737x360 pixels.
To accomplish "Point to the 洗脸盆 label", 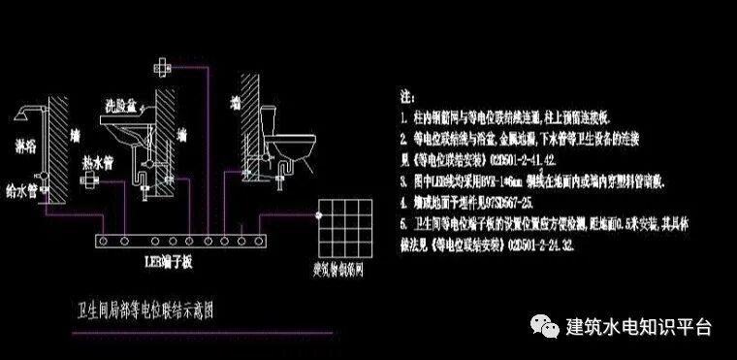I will tap(122, 103).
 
